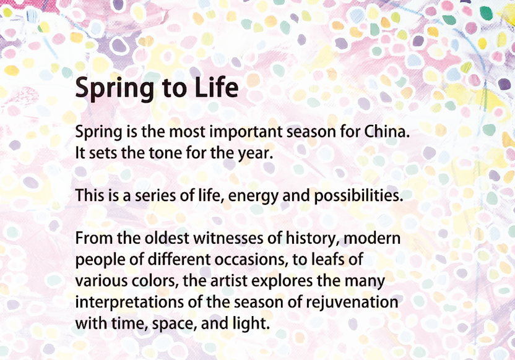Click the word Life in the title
click(217, 88)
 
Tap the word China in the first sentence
click(387, 132)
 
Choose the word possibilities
click(358, 196)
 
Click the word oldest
click(167, 238)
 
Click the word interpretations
click(129, 303)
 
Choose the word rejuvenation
click(352, 303)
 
